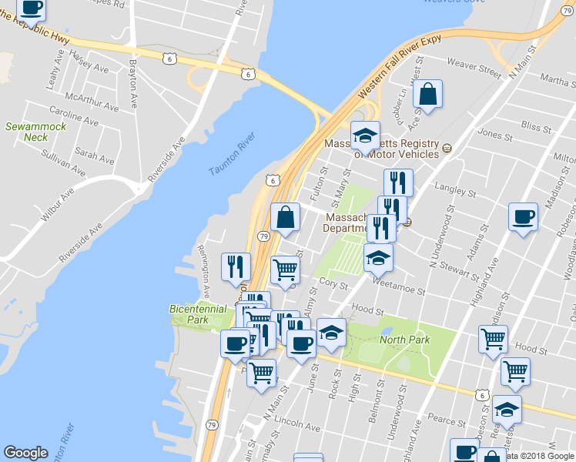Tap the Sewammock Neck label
[35, 132]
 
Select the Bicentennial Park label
[199, 314]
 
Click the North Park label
[404, 339]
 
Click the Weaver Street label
[478, 69]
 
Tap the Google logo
[25, 453]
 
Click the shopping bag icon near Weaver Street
[427, 94]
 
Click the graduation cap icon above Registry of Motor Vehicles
[364, 136]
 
